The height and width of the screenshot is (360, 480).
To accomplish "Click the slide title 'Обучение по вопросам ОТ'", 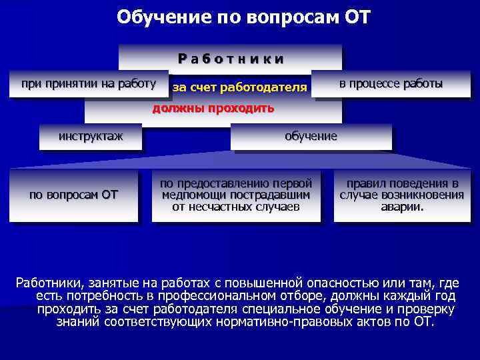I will click(x=243, y=16).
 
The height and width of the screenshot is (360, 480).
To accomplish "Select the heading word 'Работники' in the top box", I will click(x=231, y=59).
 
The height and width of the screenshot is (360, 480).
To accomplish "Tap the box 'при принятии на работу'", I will click(x=89, y=84).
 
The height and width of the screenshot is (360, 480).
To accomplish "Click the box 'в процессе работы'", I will click(x=390, y=84).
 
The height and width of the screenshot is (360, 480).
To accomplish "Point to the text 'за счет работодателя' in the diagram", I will click(x=239, y=87).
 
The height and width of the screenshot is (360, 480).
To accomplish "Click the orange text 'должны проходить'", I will click(x=213, y=109).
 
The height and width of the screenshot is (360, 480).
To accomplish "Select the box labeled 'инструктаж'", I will click(x=91, y=137).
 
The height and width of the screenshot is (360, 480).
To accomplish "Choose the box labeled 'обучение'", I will click(x=311, y=137).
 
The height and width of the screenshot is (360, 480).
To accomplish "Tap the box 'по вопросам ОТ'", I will click(x=73, y=195).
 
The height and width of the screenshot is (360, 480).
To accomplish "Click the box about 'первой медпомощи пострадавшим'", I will click(x=235, y=195).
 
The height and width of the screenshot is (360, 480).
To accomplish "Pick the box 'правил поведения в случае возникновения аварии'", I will click(x=401, y=195).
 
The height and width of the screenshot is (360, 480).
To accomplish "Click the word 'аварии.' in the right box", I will click(x=401, y=207).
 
